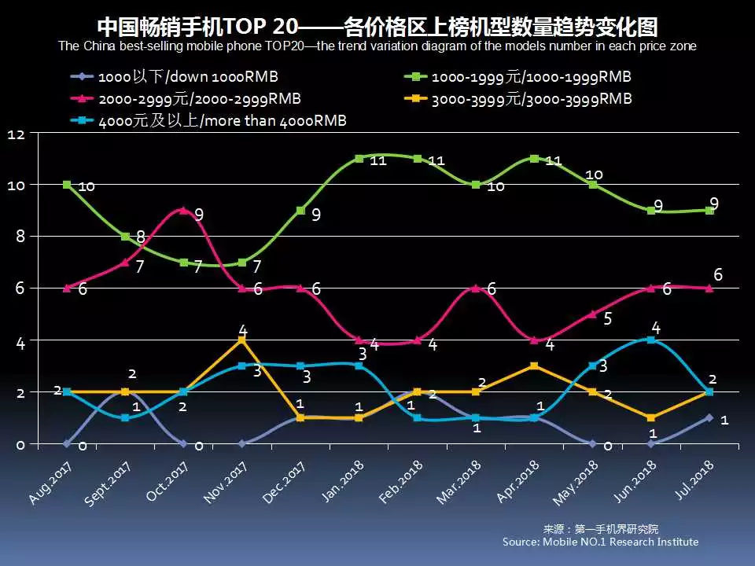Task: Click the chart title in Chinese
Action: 377,26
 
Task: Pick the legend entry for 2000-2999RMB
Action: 188,99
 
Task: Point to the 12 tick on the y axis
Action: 17,134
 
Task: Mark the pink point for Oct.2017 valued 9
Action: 183,210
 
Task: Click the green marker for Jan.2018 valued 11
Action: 359,158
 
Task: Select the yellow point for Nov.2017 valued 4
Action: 242,340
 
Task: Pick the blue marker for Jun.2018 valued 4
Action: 651,340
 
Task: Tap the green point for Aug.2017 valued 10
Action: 67,185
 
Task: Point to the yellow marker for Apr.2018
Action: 534,366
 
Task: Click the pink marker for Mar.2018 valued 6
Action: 476,288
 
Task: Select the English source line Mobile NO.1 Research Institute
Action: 600,542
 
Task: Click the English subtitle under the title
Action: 377,46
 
